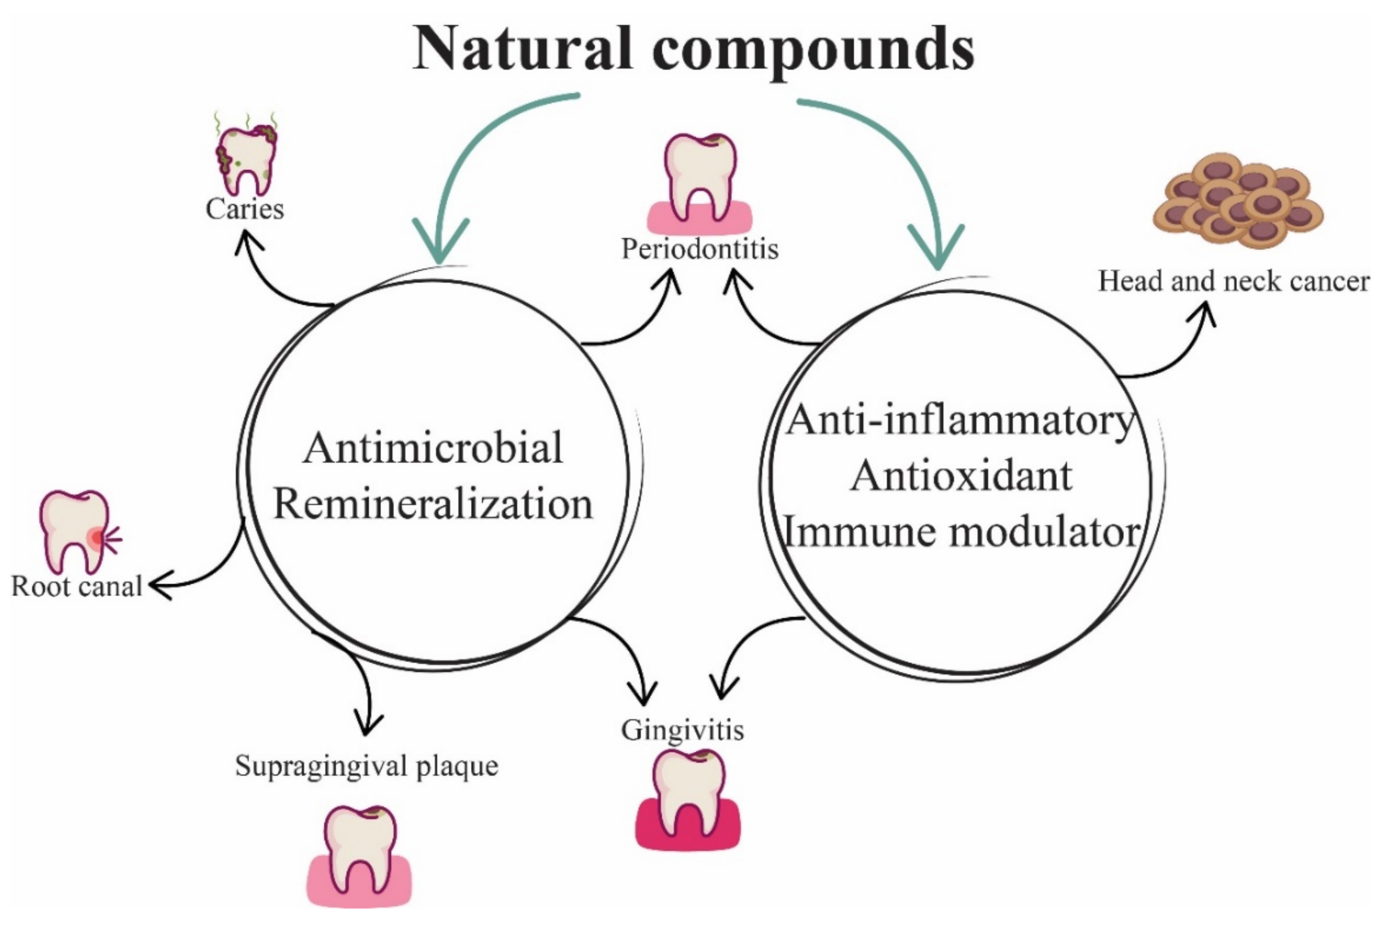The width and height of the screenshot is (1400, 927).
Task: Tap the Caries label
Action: tap(244, 209)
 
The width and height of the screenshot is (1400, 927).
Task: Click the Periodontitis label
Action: tap(700, 249)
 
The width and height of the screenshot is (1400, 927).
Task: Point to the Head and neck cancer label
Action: tap(1234, 281)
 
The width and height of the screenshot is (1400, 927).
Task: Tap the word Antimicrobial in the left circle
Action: tap(433, 448)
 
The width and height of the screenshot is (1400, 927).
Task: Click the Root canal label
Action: tap(77, 587)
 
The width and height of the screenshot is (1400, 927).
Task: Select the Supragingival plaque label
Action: tap(366, 766)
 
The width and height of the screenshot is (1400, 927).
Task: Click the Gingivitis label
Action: tap(682, 730)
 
